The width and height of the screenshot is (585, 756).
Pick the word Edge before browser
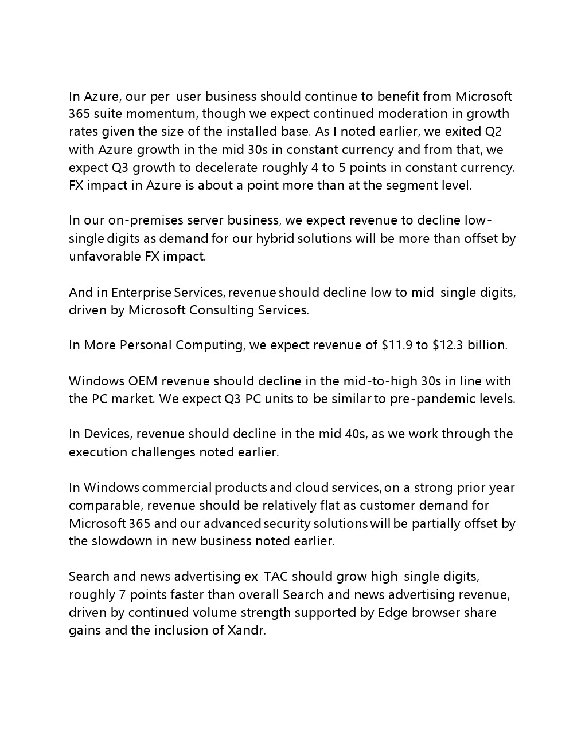392,613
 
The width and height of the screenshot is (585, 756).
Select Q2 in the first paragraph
493,132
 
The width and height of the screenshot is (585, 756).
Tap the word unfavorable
104,257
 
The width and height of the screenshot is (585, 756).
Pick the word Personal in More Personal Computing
145,345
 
